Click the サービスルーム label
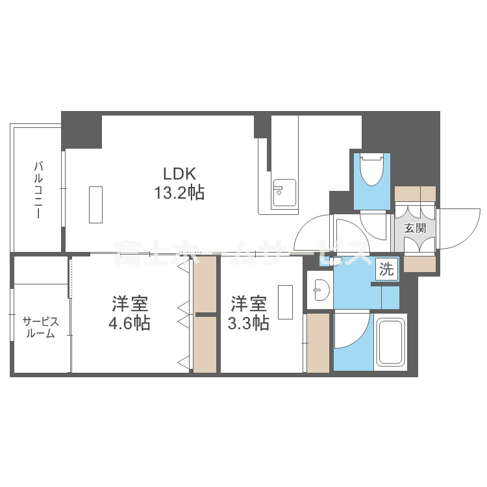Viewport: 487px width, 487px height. (x=40, y=327)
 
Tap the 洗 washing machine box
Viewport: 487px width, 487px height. (x=386, y=269)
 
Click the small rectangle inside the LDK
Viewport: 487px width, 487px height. (x=95, y=204)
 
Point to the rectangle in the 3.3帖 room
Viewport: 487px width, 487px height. (x=284, y=301)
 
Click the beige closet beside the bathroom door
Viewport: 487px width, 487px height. (x=318, y=343)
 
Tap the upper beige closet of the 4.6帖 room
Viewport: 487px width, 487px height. (x=205, y=286)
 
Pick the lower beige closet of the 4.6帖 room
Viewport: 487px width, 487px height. (x=205, y=343)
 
